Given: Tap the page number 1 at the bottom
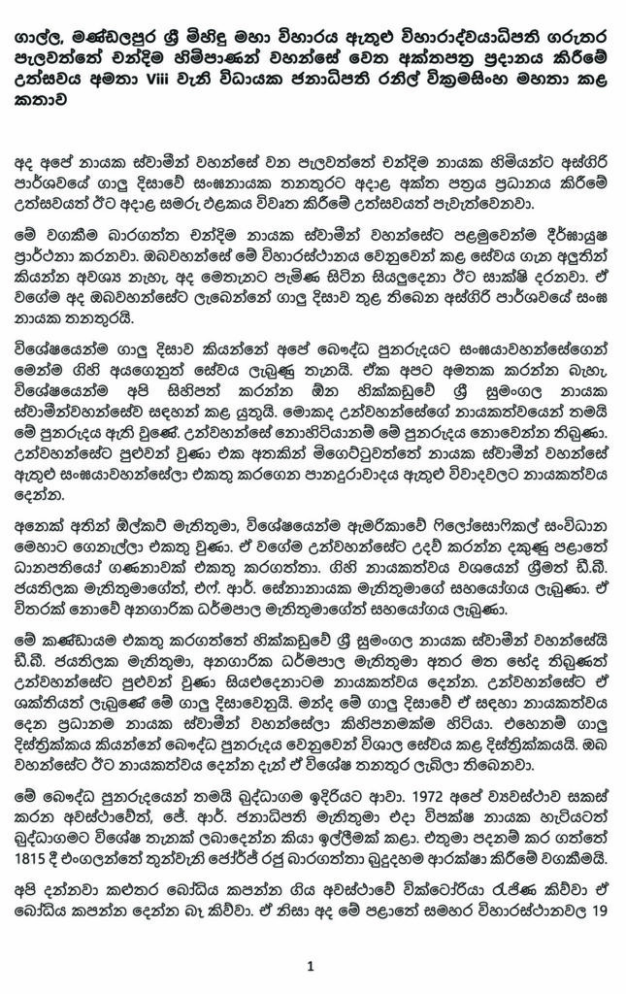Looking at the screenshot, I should [x=311, y=965].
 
